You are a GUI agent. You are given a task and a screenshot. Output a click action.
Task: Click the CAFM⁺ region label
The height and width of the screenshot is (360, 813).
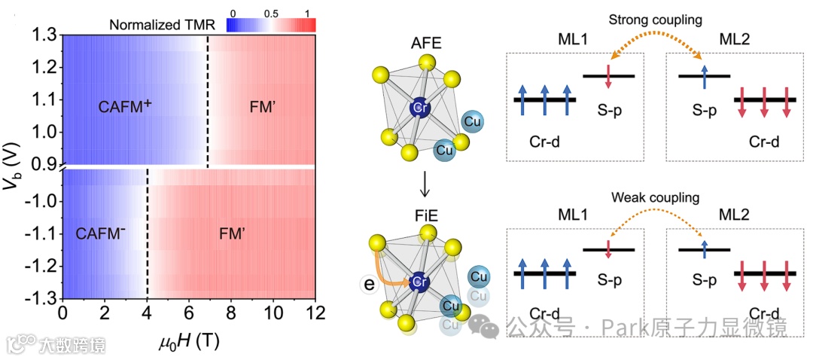[125, 107]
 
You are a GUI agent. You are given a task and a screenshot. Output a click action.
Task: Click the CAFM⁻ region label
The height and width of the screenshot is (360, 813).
[100, 234]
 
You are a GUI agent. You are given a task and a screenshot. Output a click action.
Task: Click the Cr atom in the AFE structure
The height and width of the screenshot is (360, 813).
[419, 108]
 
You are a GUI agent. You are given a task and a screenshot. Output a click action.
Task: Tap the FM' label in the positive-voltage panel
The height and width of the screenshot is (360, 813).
[261, 107]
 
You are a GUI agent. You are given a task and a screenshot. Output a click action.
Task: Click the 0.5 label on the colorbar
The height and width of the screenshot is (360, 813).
[268, 13]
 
